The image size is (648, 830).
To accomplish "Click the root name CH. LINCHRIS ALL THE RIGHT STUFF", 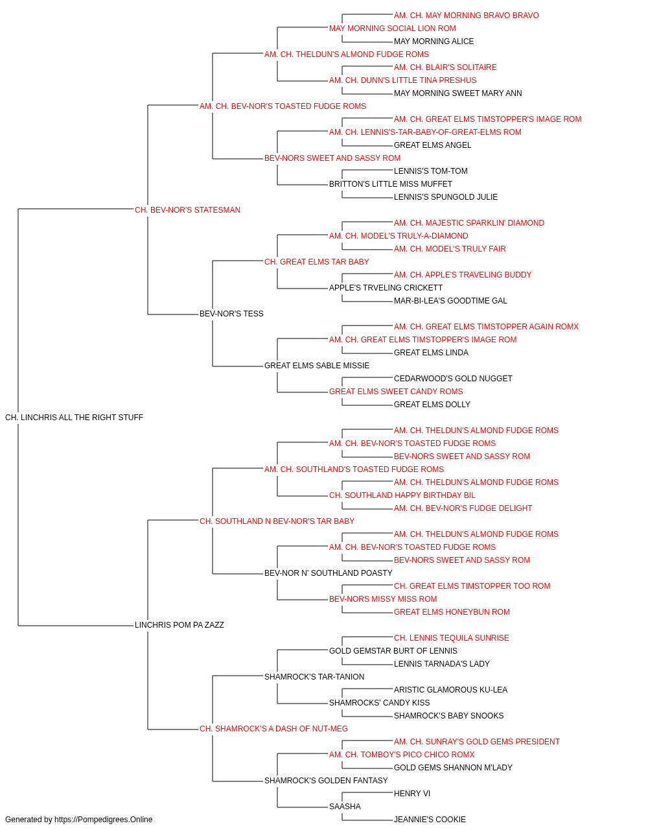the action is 74,418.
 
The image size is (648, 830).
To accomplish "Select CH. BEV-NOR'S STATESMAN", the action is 187,210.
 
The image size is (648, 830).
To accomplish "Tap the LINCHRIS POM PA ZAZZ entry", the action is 179,625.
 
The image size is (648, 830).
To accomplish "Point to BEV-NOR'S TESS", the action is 231,314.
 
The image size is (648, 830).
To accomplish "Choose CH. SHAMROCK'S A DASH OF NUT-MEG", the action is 273,729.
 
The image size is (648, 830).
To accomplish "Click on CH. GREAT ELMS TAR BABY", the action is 317,261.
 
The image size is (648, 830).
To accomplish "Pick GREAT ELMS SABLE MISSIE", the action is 317,366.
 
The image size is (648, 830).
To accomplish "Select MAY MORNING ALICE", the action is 434,41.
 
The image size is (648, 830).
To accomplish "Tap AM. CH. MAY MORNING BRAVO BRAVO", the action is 467,16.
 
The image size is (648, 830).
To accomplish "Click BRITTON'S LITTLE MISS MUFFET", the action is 390,184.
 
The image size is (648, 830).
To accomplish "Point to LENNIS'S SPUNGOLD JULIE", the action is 446,197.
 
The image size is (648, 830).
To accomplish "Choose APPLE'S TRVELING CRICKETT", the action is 386,288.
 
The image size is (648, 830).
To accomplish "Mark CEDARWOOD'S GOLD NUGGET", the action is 453,379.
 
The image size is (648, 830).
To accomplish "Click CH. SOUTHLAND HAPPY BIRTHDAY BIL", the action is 402,495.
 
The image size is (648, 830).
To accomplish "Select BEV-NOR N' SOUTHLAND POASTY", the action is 328,573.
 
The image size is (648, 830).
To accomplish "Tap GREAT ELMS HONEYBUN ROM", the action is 452,612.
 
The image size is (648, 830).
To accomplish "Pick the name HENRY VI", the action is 411,794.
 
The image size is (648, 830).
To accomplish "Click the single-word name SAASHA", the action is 345,806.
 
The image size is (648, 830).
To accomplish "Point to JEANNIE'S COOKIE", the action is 430,820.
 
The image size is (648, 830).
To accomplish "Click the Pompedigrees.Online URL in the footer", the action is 104,820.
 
